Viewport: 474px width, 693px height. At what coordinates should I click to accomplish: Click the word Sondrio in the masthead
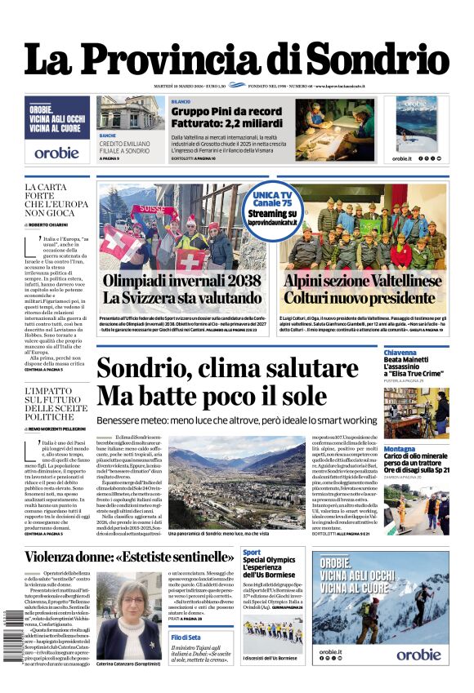point(377,59)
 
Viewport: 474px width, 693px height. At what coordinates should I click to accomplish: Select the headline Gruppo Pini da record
point(226,111)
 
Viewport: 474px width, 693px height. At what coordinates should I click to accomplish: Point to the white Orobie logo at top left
point(56,153)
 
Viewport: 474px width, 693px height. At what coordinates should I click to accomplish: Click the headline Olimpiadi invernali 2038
point(181,280)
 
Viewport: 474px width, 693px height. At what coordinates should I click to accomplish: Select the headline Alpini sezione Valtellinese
point(364,280)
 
